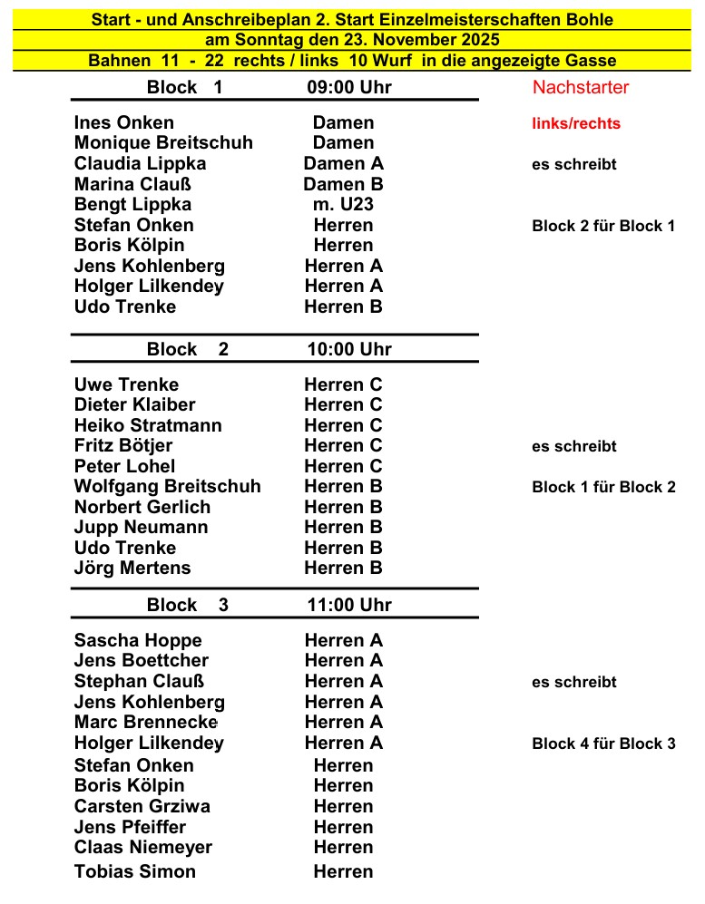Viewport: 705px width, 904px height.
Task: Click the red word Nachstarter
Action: click(581, 87)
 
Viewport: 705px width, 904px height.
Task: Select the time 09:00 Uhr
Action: click(349, 87)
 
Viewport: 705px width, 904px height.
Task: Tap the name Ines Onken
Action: click(124, 122)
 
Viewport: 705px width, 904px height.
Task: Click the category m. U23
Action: click(343, 204)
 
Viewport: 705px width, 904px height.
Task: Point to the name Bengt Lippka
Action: click(132, 204)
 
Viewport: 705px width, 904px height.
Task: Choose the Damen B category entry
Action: click(343, 184)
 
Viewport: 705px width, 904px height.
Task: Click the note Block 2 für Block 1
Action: click(603, 226)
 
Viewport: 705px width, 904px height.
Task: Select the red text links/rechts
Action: click(576, 123)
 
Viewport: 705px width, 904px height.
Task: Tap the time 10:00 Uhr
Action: click(349, 349)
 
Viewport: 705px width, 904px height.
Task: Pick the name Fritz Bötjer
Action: click(123, 445)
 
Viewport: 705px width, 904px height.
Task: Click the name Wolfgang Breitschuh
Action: click(167, 486)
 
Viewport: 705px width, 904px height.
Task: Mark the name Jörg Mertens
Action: click(132, 568)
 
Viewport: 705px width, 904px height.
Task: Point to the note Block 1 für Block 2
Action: click(603, 487)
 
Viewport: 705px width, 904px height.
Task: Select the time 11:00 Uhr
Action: click(349, 605)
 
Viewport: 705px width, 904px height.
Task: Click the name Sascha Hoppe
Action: click(138, 640)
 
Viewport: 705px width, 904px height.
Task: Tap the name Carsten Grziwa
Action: click(142, 806)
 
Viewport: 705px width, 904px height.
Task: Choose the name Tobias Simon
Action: click(135, 871)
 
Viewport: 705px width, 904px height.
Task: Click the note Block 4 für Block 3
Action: click(603, 744)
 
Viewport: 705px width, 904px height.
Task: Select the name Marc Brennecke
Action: click(146, 722)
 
